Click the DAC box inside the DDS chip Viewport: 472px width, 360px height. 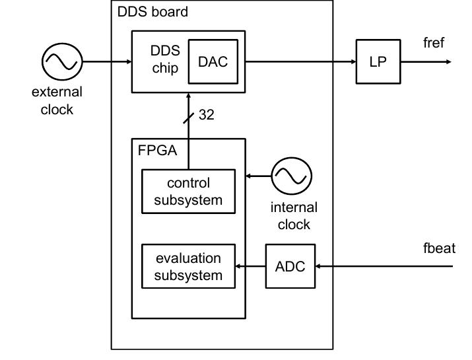click(x=213, y=61)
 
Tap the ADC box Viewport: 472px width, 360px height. click(x=290, y=266)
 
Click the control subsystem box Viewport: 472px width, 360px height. click(x=188, y=192)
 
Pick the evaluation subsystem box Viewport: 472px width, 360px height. click(x=188, y=266)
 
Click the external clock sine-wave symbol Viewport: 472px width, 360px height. click(x=62, y=62)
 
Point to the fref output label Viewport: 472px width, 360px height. click(x=434, y=44)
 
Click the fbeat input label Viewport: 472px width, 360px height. click(x=439, y=249)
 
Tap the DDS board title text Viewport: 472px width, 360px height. click(x=152, y=12)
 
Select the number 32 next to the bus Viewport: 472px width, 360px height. click(x=206, y=116)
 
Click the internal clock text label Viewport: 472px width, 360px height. click(x=294, y=216)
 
